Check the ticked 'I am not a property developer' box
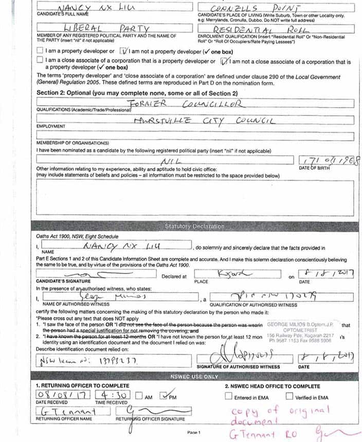[x=123, y=52]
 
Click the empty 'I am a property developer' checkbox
[x=40, y=52]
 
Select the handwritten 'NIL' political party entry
[x=168, y=160]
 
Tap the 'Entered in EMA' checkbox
[x=228, y=396]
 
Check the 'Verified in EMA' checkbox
[x=289, y=396]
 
